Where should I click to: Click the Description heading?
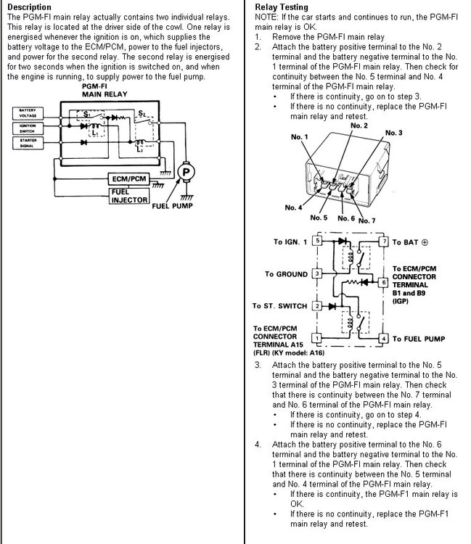[29, 7]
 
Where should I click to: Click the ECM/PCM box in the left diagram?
[130, 178]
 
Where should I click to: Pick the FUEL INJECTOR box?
[129, 196]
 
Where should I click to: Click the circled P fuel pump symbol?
[187, 171]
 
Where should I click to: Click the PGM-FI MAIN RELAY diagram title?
[101, 90]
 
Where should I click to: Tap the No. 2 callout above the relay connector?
[359, 126]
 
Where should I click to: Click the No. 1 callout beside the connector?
[300, 137]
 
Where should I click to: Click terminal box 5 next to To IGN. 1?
[316, 242]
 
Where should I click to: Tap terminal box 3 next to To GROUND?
[316, 274]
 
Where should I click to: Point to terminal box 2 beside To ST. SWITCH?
[316, 306]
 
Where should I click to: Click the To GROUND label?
[287, 275]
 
